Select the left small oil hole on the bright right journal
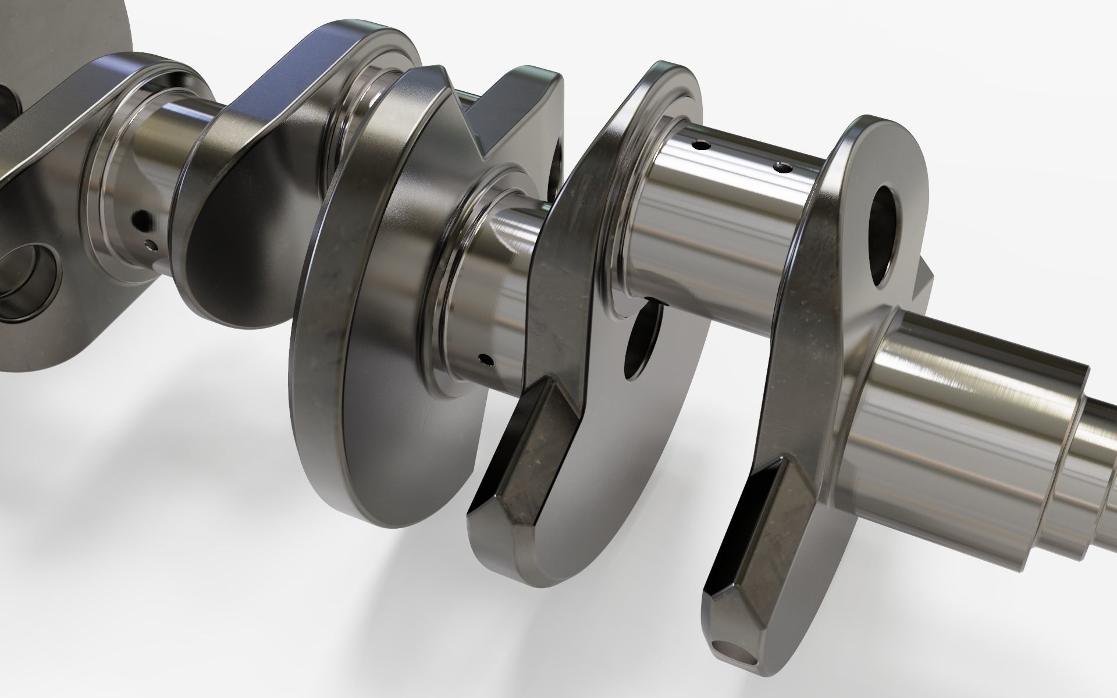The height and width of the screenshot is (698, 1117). [700, 145]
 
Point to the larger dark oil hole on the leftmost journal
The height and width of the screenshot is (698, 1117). [138, 219]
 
